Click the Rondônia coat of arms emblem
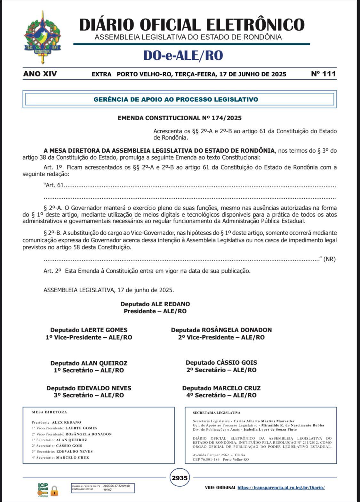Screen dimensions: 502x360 coord(42,37)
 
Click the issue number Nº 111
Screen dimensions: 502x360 coord(323,74)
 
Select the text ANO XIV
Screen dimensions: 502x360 coord(40,74)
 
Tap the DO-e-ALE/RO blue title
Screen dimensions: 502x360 coord(183,55)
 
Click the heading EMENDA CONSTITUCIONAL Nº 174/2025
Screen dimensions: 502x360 coord(180,118)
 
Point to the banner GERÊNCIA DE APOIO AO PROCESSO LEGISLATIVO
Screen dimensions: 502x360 coord(176,99)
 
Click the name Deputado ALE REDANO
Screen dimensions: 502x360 coord(155,304)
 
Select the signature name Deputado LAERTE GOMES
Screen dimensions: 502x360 coord(89,330)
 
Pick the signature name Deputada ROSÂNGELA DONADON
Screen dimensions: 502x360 coord(221,330)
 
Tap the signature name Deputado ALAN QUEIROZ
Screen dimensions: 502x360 coord(89,363)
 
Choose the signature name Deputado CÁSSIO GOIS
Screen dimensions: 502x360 coord(221,363)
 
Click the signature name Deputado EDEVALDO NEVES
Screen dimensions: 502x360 coord(89,388)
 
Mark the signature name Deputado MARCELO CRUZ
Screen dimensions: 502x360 coord(221,388)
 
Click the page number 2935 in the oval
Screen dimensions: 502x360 coord(180,478)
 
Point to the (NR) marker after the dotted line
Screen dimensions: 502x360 coord(329,259)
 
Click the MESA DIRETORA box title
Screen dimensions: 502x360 coord(49,412)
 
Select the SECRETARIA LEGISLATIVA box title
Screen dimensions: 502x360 coord(216,413)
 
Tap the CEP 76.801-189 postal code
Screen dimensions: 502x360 coord(206,459)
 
